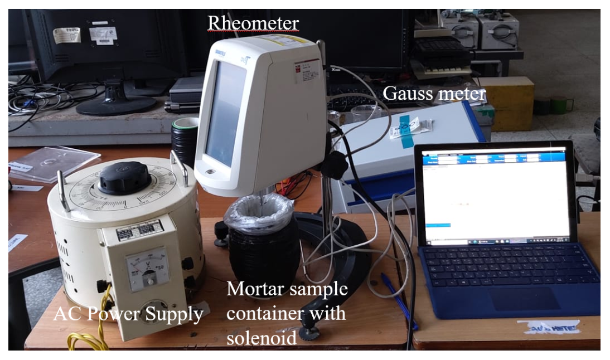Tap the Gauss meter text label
[434, 94]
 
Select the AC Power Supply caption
[128, 315]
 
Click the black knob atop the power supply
[123, 178]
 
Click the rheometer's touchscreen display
[224, 114]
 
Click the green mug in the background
[560, 105]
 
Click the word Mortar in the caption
[259, 290]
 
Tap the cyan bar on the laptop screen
[438, 225]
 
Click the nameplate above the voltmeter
[139, 230]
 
